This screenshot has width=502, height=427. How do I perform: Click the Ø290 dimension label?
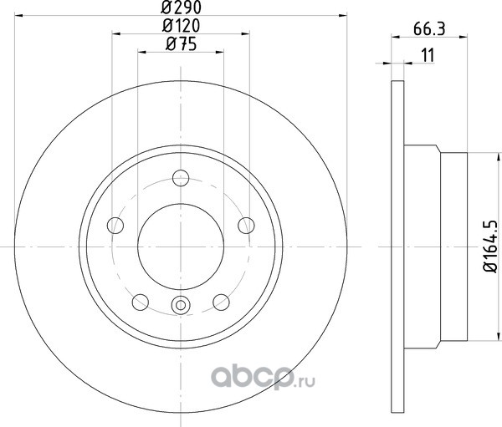coord(182,8)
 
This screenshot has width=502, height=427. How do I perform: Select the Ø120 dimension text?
coord(182,26)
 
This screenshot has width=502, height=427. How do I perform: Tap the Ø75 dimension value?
coord(182,44)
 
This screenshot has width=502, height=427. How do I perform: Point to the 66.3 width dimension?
coord(429,29)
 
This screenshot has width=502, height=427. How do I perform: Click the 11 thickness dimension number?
coord(428,55)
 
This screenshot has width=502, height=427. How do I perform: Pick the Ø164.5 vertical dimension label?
coord(490,247)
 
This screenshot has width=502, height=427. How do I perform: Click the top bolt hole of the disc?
coord(181,178)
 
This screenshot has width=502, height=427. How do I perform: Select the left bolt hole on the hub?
coord(115,225)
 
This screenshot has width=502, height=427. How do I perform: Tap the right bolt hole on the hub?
coord(246,225)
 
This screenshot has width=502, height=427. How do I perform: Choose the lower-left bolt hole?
coord(141,302)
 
